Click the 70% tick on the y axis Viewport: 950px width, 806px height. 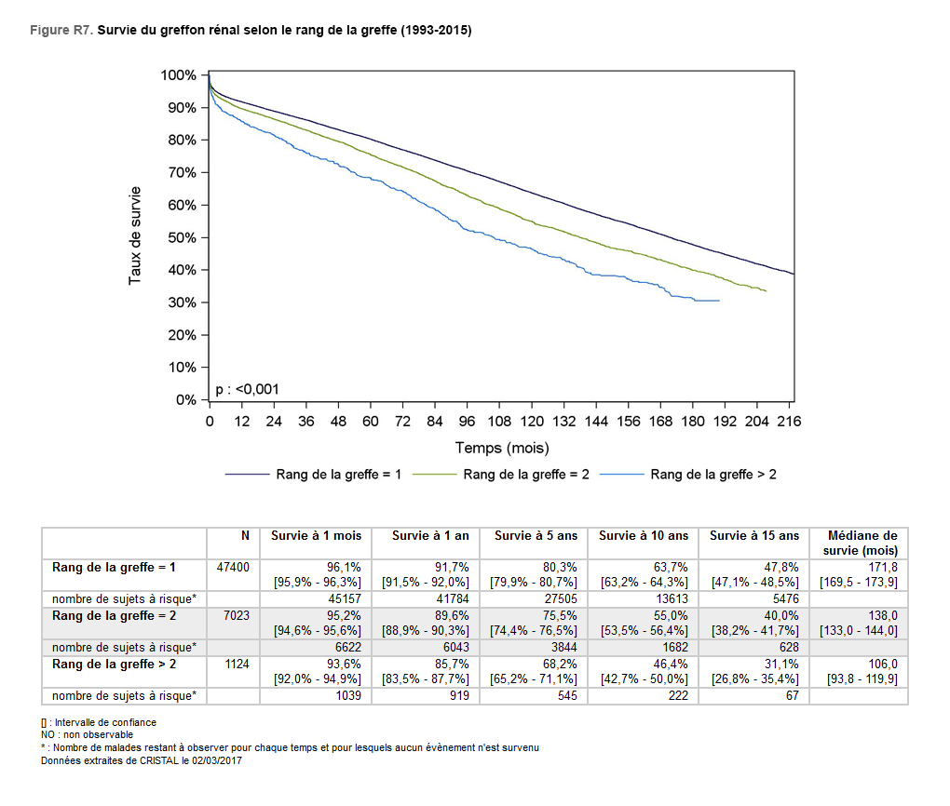pyautogui.click(x=183, y=173)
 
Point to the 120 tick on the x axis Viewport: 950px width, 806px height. pyautogui.click(x=532, y=422)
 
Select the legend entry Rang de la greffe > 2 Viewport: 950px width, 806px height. pyautogui.click(x=713, y=475)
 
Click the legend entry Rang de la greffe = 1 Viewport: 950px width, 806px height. pyautogui.click(x=338, y=475)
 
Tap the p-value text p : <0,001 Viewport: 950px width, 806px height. pyautogui.click(x=247, y=389)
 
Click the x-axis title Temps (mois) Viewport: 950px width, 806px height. pyautogui.click(x=502, y=449)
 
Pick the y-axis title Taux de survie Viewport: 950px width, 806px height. pyautogui.click(x=136, y=237)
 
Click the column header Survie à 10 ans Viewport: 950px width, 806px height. pyautogui.click(x=644, y=536)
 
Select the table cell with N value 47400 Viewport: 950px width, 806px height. pyautogui.click(x=232, y=567)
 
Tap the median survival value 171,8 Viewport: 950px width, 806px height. pyautogui.click(x=881, y=567)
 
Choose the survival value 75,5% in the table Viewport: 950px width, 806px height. pyautogui.click(x=559, y=616)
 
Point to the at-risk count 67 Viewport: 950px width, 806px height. pyautogui.click(x=792, y=696)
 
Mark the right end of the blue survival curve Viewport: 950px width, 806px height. pyautogui.click(x=719, y=301)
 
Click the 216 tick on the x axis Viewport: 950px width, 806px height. pyautogui.click(x=789, y=422)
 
